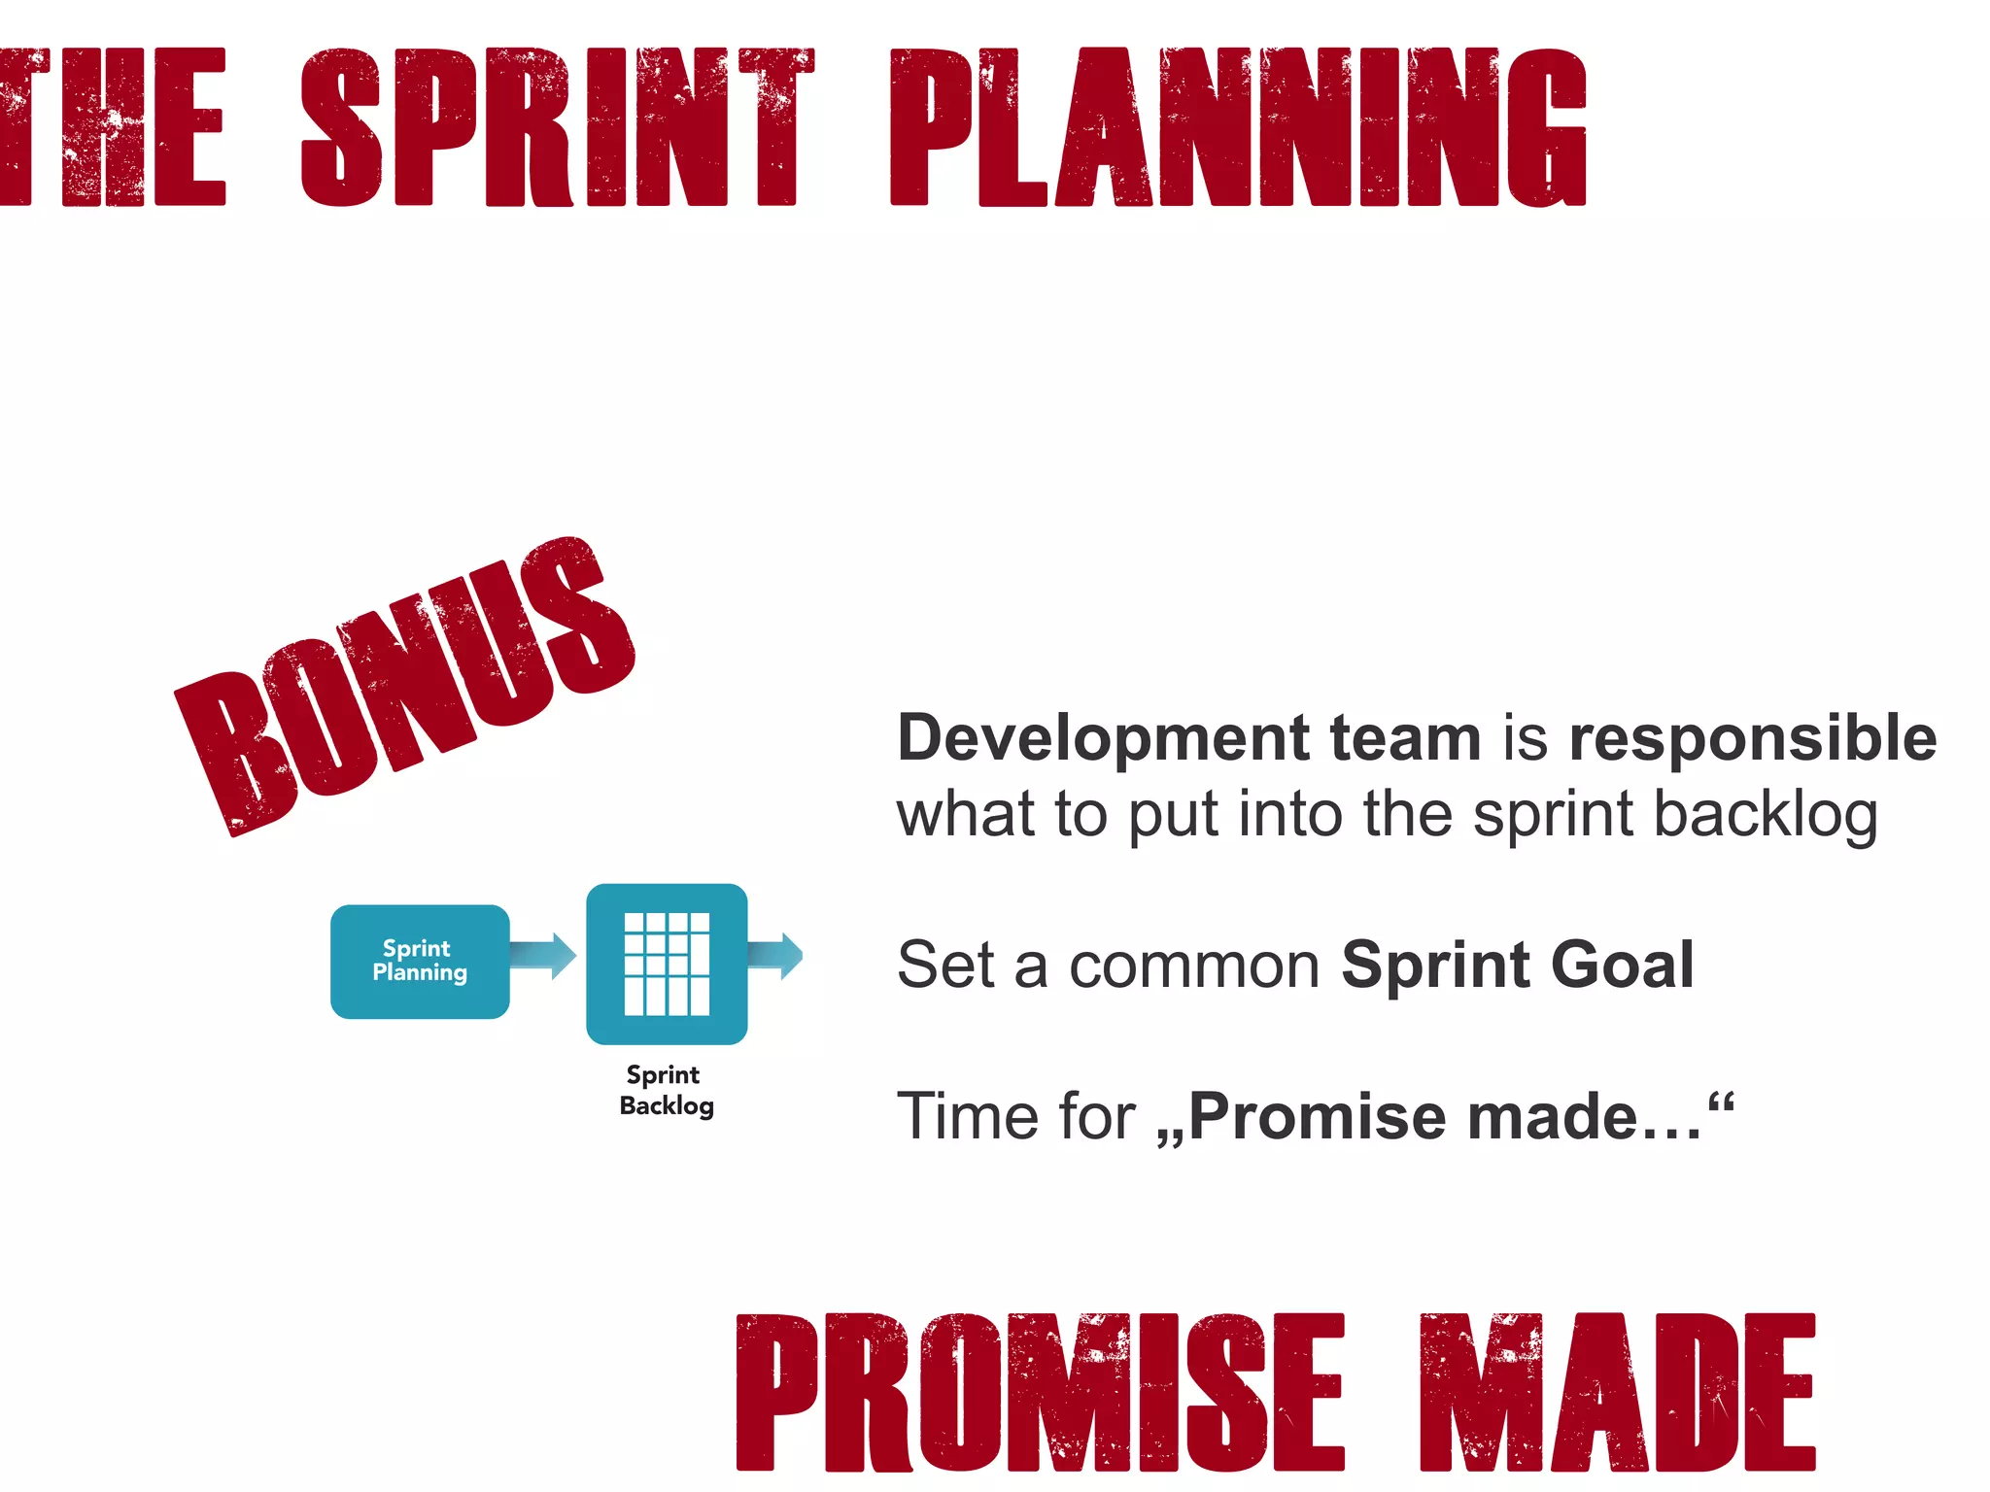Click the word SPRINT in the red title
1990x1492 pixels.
tap(557, 127)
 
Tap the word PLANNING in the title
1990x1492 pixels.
tap(1238, 127)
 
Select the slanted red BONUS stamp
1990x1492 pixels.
tap(404, 686)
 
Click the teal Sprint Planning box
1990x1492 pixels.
tap(420, 961)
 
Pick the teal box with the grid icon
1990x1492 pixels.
tap(667, 964)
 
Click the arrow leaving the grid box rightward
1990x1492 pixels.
tap(775, 956)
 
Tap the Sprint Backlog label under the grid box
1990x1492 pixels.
tap(667, 1090)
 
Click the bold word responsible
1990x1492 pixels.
tap(1752, 738)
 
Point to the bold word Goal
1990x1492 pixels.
tap(1622, 965)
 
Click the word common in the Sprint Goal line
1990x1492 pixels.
tap(1194, 966)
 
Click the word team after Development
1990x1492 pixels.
tap(1404, 738)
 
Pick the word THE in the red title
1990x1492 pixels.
tap(112, 127)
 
